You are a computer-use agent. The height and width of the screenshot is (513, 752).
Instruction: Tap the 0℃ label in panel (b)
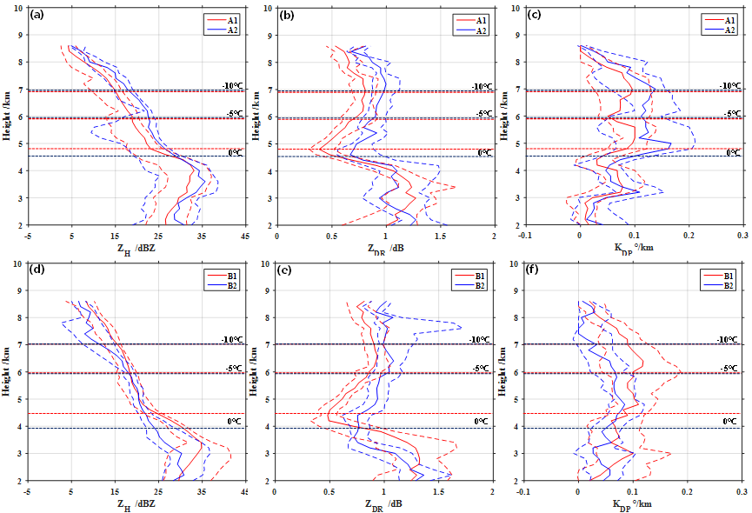pyautogui.click(x=484, y=152)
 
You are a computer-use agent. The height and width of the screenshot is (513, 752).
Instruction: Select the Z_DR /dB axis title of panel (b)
pyautogui.click(x=384, y=247)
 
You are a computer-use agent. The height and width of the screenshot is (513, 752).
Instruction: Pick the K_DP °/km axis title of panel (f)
pyautogui.click(x=634, y=503)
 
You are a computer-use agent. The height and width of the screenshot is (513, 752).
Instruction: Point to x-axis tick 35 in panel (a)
pyautogui.click(x=202, y=235)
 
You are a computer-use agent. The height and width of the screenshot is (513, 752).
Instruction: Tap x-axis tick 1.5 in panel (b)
pyautogui.click(x=439, y=235)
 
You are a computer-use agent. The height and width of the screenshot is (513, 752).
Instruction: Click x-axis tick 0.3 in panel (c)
pyautogui.click(x=742, y=235)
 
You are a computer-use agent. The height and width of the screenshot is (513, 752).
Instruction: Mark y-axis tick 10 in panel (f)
pyautogui.click(x=516, y=263)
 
